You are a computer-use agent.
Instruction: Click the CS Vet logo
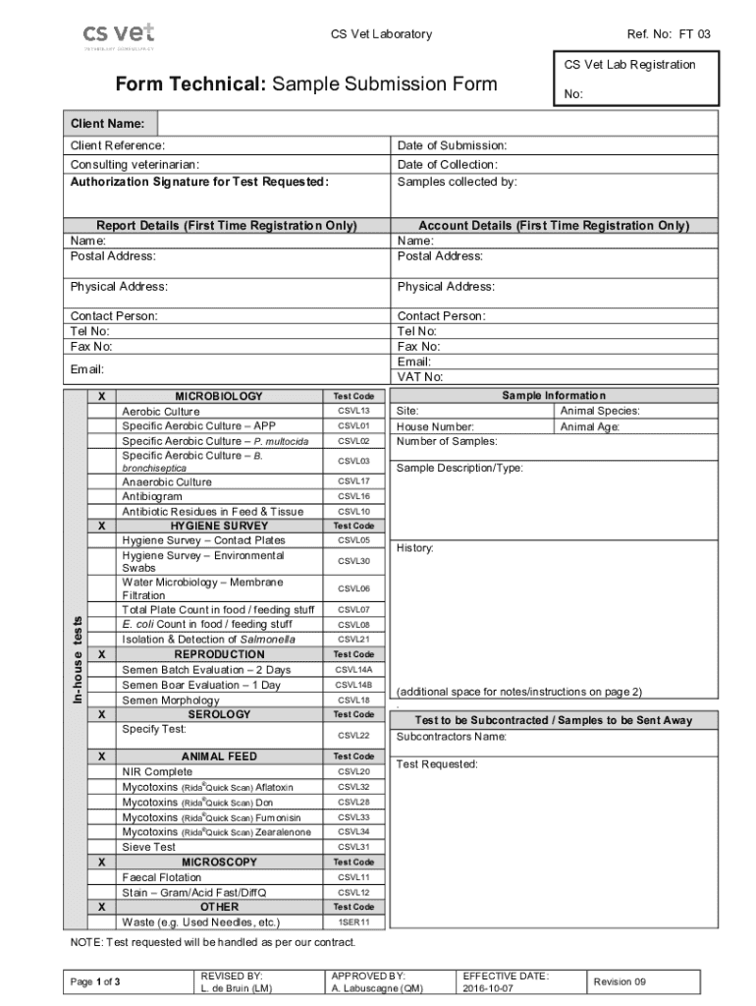[x=118, y=35]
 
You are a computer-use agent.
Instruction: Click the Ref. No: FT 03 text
[x=669, y=34]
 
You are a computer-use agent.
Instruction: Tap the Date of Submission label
[x=452, y=145]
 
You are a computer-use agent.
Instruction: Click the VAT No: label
[x=420, y=377]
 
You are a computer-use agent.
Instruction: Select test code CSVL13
[x=353, y=411]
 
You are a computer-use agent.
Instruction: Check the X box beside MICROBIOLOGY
[x=102, y=396]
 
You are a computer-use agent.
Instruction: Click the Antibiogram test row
[x=151, y=497]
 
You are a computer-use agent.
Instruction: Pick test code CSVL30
[x=353, y=562]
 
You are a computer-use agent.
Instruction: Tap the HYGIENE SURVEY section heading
[x=219, y=526]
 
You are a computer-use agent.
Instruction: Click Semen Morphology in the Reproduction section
[x=170, y=700]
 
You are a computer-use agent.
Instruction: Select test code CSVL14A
[x=353, y=670]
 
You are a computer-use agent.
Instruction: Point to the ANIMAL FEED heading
[x=219, y=756]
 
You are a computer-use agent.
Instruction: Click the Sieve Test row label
[x=148, y=847]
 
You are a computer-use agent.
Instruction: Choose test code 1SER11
[x=353, y=922]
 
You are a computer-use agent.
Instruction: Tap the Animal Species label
[x=599, y=412]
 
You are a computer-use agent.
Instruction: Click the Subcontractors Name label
[x=451, y=737]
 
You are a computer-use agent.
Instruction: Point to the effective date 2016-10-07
[x=488, y=988]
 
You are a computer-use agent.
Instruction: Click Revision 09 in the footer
[x=620, y=981]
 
